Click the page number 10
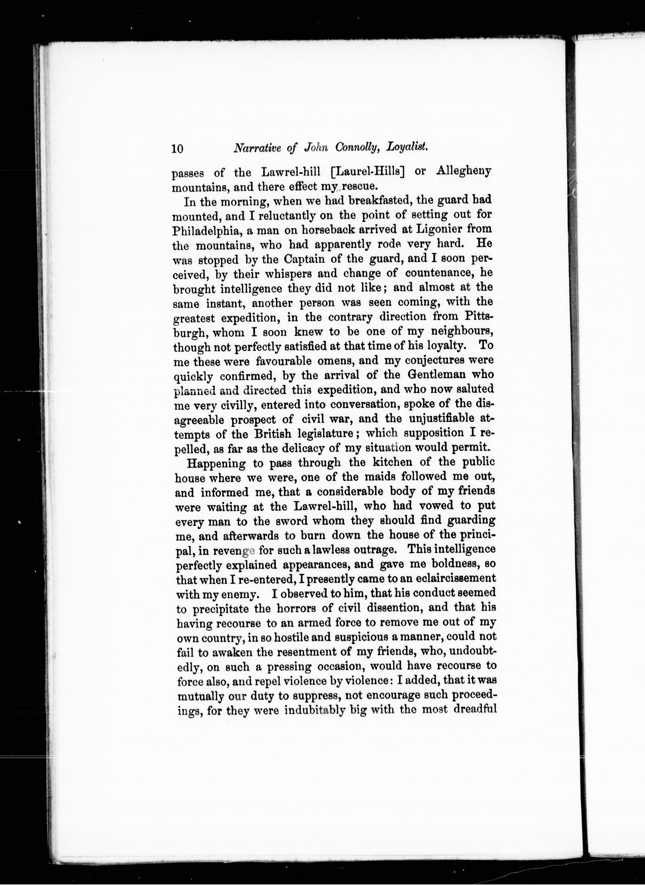click(x=177, y=149)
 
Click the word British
click(x=273, y=434)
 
